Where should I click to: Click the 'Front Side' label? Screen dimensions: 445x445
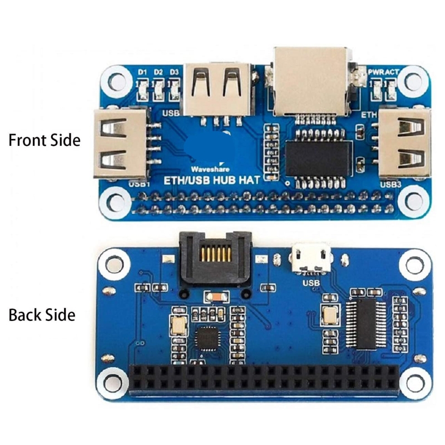[x=44, y=140]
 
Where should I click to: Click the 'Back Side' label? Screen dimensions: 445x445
[x=42, y=315]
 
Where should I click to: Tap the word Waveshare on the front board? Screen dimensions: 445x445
[x=206, y=167]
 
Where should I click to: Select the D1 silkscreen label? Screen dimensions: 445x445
[x=142, y=72]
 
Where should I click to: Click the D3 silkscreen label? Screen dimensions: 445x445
[x=174, y=72]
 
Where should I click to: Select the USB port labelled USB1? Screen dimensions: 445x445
[x=120, y=144]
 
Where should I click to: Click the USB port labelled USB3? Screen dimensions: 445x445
[x=404, y=144]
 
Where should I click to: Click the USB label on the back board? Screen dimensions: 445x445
[x=311, y=283]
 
